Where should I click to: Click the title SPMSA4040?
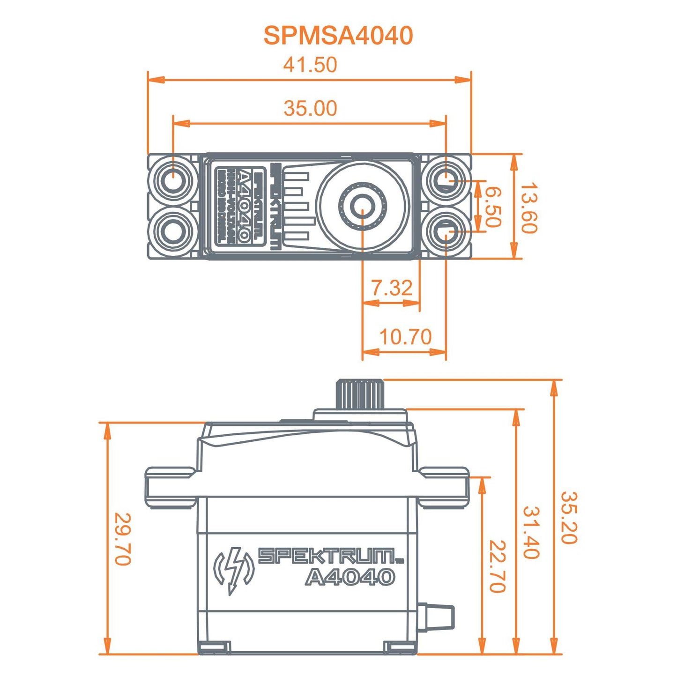click(338, 36)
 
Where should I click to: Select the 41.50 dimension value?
click(310, 65)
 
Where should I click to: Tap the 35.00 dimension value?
click(310, 108)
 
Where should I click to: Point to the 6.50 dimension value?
click(492, 207)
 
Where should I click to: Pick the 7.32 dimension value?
click(392, 288)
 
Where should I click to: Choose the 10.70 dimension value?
click(405, 337)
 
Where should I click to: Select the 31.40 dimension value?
click(531, 533)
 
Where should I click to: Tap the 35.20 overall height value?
click(569, 518)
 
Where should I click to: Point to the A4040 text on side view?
click(350, 577)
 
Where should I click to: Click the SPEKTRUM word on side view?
click(327, 556)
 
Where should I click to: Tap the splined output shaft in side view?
click(360, 394)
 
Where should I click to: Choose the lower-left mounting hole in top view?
click(173, 231)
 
